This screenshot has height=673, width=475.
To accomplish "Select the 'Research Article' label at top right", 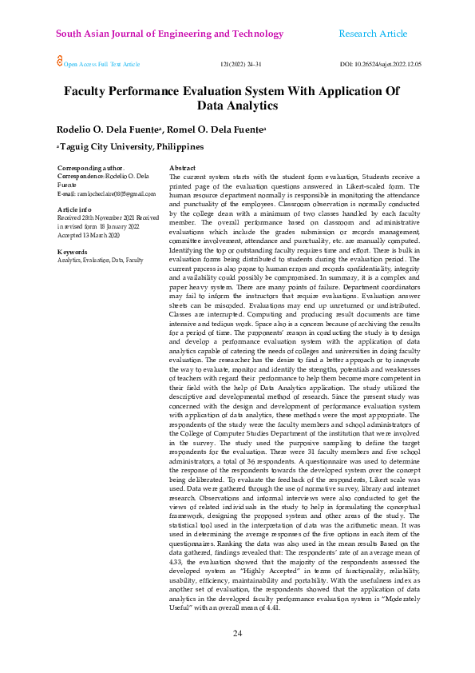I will [x=373, y=34].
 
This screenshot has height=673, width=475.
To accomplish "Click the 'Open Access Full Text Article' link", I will [x=101, y=64].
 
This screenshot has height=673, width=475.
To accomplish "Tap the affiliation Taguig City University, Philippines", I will [x=131, y=147].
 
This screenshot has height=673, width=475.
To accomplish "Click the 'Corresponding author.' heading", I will [x=91, y=168].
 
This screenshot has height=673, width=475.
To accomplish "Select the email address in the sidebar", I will [x=107, y=193].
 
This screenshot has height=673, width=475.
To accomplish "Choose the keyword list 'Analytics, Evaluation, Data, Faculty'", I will [x=101, y=261].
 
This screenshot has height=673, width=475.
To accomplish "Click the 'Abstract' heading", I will [x=183, y=168].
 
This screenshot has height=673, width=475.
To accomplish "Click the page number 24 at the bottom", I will [x=237, y=634].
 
